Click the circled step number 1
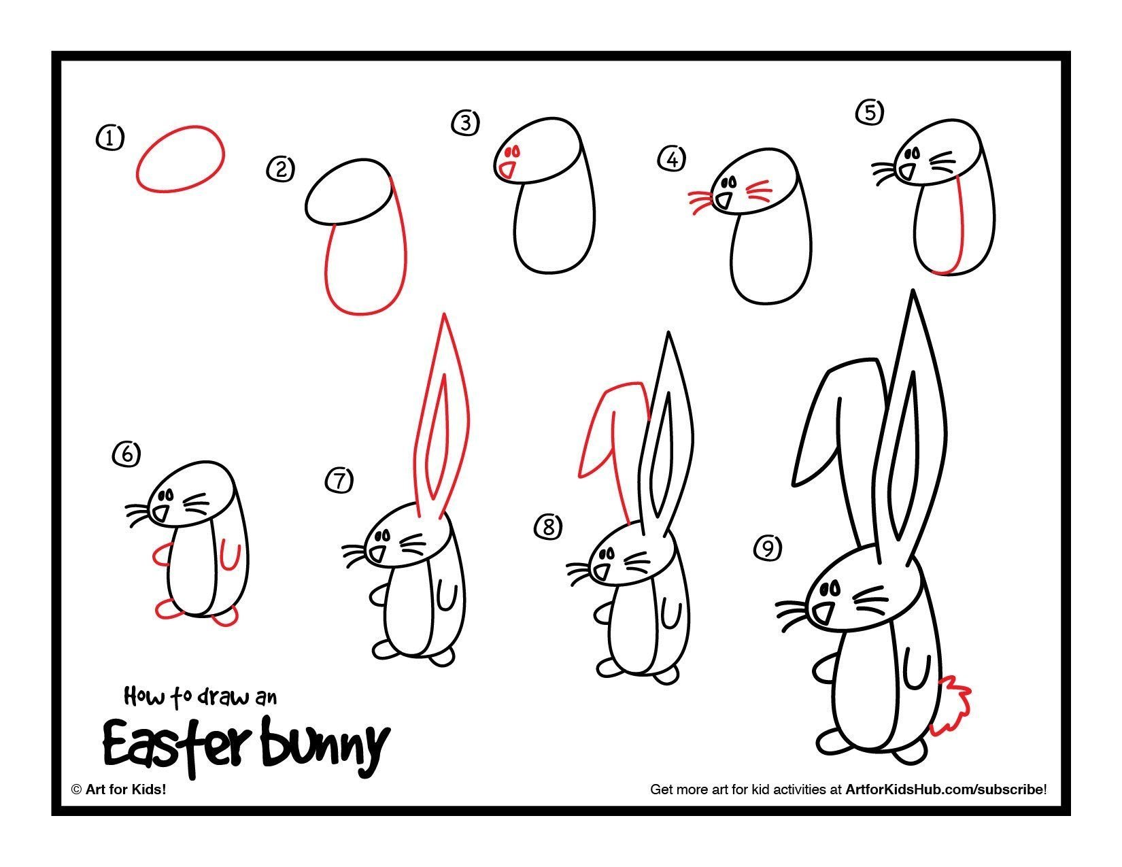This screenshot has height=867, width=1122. point(110,138)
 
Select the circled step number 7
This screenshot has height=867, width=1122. point(339,480)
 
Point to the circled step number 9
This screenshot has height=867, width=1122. point(768,547)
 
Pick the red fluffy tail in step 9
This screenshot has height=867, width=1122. point(950,705)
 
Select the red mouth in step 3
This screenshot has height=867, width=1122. point(507,171)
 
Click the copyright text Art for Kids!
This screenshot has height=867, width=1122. point(126,789)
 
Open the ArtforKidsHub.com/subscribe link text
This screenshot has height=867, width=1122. point(945,789)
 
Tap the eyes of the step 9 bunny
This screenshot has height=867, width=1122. point(830,588)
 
